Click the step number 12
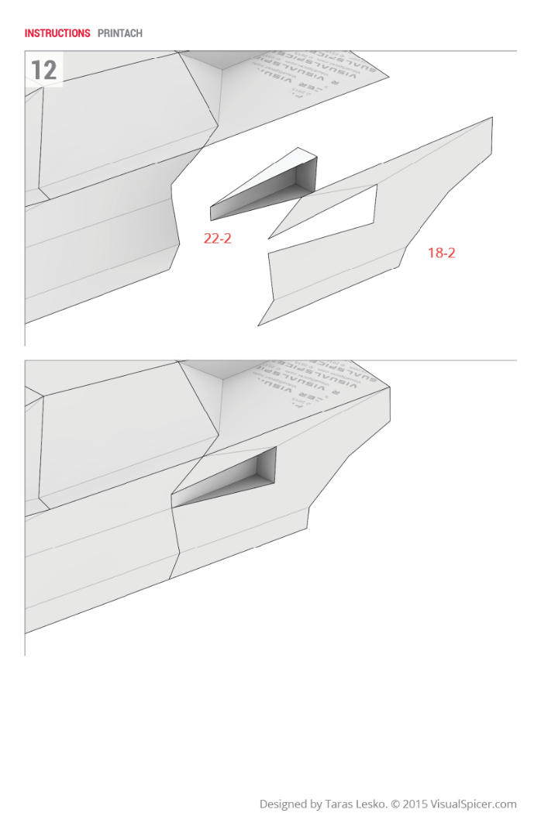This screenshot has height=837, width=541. (43, 70)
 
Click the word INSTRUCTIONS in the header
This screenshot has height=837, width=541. (57, 33)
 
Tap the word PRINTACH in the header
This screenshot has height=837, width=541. (120, 33)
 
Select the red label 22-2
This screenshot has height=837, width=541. (217, 239)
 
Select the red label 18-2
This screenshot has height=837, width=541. (441, 253)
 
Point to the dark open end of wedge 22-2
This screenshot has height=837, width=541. (305, 175)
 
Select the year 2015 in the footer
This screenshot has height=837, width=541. (415, 804)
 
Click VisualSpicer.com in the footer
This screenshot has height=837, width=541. (474, 804)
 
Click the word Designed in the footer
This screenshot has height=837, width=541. (283, 804)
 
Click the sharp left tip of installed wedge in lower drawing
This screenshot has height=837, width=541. (174, 506)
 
